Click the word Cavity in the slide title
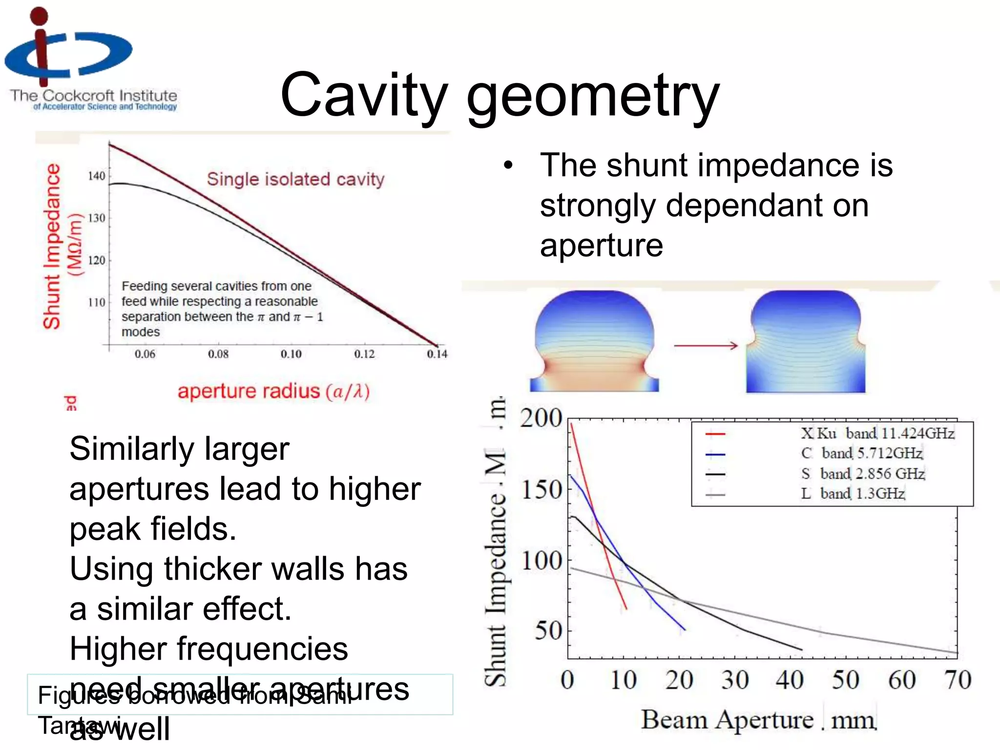point(364,95)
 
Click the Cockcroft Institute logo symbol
point(68,49)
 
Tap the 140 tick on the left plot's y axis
point(96,176)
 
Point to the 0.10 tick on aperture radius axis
point(291,354)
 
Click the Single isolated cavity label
point(295,179)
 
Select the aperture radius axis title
point(273,392)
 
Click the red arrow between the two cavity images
point(706,346)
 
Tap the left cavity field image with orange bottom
point(594,342)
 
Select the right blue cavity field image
point(806,342)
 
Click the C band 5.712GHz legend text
point(861,454)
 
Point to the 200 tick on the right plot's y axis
point(541,418)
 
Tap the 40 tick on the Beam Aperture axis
point(790,680)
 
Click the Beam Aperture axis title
point(758,720)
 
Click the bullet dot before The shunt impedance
point(508,165)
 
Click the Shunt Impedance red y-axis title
point(52,247)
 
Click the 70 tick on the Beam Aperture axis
point(958,680)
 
